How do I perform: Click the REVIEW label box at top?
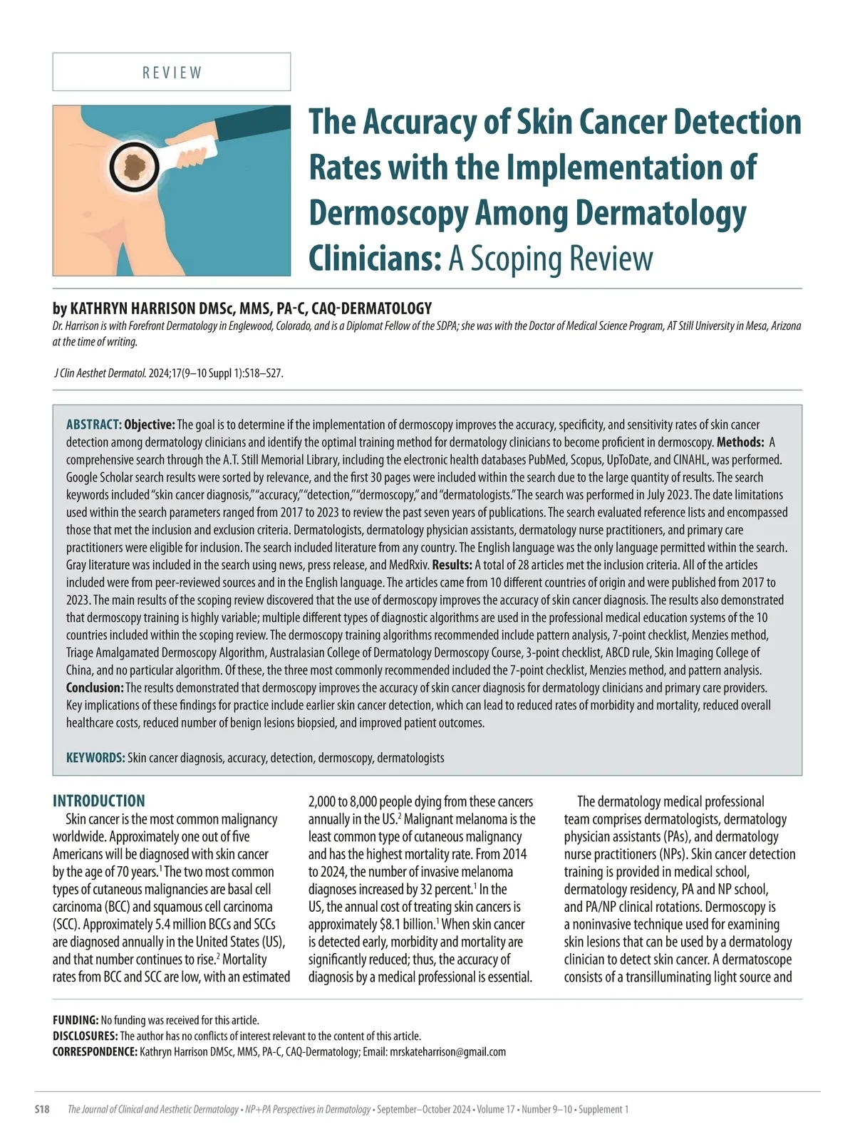point(172,72)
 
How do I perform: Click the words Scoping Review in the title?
point(550,259)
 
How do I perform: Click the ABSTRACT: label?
point(94,425)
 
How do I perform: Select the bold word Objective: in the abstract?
point(150,425)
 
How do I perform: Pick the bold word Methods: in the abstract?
point(740,442)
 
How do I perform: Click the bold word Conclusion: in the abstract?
point(95,688)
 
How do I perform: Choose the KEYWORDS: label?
point(95,758)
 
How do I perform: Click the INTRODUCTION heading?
point(99,801)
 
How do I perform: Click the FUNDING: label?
point(76,1020)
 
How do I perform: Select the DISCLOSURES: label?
point(85,1036)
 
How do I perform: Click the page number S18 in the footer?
point(42,1109)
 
